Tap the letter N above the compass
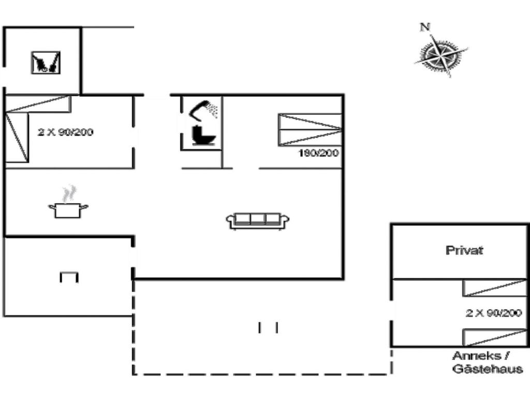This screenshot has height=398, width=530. click(x=425, y=27)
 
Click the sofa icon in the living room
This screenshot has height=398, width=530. click(x=258, y=221)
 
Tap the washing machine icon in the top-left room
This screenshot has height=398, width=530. click(x=46, y=63)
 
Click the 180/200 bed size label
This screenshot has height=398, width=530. click(x=318, y=153)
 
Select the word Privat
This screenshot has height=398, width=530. click(x=464, y=250)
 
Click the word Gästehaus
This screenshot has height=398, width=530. click(x=488, y=368)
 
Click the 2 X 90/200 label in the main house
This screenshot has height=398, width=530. click(x=65, y=132)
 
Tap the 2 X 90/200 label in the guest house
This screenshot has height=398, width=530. click(x=493, y=313)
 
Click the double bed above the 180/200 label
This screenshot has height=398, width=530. click(x=310, y=130)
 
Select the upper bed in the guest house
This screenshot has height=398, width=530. click(x=494, y=288)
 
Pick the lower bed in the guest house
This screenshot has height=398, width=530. click(x=494, y=337)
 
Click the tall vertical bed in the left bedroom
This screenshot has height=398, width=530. click(x=17, y=137)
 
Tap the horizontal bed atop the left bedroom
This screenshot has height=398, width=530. click(x=38, y=104)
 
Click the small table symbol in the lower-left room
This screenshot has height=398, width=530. click(x=69, y=277)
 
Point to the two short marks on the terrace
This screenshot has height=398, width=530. click(x=268, y=328)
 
